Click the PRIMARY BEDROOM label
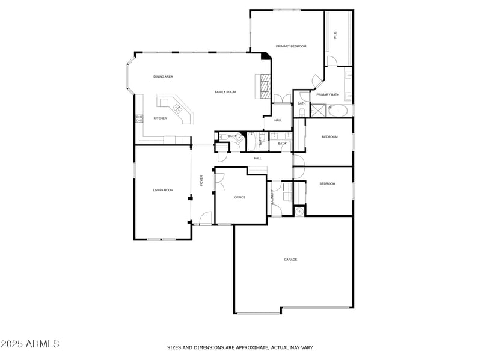[x=291, y=46]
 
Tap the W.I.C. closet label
[x=335, y=35]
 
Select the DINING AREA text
[x=163, y=77]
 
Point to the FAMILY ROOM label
[x=225, y=92]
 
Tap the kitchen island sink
[x=178, y=108]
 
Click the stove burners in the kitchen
[x=139, y=118]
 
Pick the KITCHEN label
[x=160, y=118]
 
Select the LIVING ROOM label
[x=163, y=190]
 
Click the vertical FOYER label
[x=202, y=180]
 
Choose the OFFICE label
[x=240, y=197]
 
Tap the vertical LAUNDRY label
[x=272, y=197]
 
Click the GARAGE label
[x=290, y=260]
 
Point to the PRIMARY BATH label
[x=328, y=95]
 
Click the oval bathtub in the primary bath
[x=339, y=110]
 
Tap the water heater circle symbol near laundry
[x=299, y=211]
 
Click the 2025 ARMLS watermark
[x=30, y=344]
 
